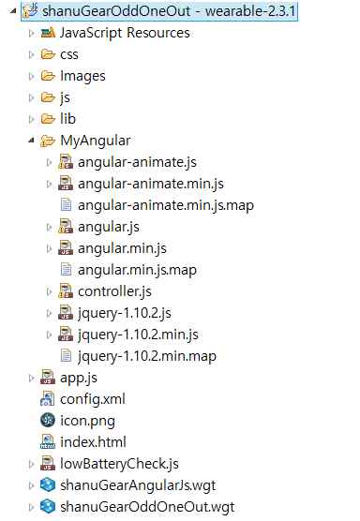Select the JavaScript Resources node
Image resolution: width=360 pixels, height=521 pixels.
[x=124, y=33]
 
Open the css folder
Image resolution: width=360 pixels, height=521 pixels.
[x=68, y=54]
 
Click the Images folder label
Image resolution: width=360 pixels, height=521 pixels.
[x=82, y=76]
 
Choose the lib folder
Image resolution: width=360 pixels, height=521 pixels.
[x=67, y=119]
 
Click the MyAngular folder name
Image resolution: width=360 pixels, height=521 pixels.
[x=95, y=141]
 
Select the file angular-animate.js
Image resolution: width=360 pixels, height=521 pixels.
[x=137, y=162]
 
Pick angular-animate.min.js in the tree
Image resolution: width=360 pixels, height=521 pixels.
[x=151, y=184]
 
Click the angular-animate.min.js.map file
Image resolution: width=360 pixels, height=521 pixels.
[x=166, y=205]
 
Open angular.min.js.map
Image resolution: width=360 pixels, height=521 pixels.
[x=137, y=270]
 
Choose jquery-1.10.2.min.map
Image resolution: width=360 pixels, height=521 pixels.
[x=146, y=356]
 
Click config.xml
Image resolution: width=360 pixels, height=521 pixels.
[x=92, y=399]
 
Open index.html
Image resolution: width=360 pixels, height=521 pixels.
[x=92, y=442]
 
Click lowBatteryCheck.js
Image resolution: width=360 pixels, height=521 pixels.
[x=118, y=464]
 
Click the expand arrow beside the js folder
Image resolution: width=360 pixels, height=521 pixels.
[x=31, y=97]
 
